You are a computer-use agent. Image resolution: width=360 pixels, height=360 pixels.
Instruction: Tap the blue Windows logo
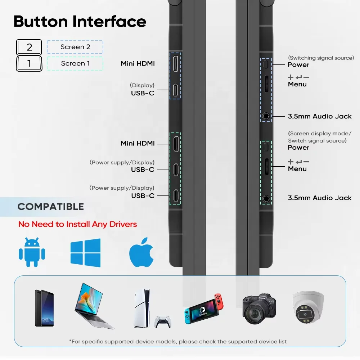pyautogui.click(x=85, y=253)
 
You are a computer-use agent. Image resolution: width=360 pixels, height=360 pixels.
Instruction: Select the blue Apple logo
pyautogui.click(x=141, y=252)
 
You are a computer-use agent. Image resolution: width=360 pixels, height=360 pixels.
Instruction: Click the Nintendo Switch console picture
pyautogui.click(x=204, y=309)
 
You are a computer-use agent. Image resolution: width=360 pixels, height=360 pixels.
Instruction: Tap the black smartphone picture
pyautogui.click(x=44, y=308)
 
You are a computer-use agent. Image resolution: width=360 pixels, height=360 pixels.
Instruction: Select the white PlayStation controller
pyautogui.click(x=163, y=321)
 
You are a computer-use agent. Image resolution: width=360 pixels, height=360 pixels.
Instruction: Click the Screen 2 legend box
pyautogui.click(x=75, y=47)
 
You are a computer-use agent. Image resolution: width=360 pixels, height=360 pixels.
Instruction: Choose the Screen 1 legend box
pyautogui.click(x=75, y=63)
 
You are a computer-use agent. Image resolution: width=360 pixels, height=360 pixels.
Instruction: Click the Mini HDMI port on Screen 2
pyautogui.click(x=175, y=64)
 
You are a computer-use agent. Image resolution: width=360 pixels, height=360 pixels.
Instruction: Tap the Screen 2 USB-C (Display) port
pyautogui.click(x=175, y=90)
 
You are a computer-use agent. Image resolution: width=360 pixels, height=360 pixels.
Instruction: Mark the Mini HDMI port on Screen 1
pyautogui.click(x=175, y=143)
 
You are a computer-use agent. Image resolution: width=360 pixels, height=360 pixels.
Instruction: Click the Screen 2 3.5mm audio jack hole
pyautogui.click(x=266, y=116)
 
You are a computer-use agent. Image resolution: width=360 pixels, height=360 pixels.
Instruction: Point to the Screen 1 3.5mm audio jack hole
pyautogui.click(x=266, y=198)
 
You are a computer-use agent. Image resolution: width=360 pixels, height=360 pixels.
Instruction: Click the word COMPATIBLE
pyautogui.click(x=51, y=207)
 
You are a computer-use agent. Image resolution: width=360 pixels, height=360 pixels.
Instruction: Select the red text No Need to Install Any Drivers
pyautogui.click(x=77, y=224)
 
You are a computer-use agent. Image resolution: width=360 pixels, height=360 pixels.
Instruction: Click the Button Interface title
pyautogui.click(x=80, y=22)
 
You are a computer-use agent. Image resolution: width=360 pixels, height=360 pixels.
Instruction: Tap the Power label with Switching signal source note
pyautogui.click(x=298, y=65)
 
